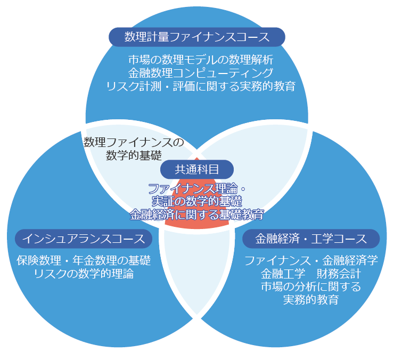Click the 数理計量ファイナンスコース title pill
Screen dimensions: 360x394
pyautogui.click(x=196, y=37)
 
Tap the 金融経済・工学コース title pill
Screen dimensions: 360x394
pyautogui.click(x=311, y=238)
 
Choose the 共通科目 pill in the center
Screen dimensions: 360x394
pyautogui.click(x=197, y=169)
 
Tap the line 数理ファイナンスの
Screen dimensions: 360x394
pyautogui.click(x=134, y=142)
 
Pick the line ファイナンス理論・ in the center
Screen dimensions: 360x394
pyautogui.click(x=197, y=189)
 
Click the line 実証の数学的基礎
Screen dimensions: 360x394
pyautogui.click(x=197, y=202)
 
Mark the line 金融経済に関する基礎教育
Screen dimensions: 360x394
pyautogui.click(x=197, y=215)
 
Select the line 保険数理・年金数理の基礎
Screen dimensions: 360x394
pyautogui.click(x=84, y=261)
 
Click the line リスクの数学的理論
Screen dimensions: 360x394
pyautogui.click(x=84, y=274)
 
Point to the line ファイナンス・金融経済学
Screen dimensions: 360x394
pyautogui.click(x=311, y=261)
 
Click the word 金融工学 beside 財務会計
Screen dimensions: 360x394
pyautogui.click(x=283, y=274)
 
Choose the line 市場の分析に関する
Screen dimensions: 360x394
pyautogui.click(x=311, y=287)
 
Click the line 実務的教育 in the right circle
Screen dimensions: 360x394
pyautogui.click(x=311, y=300)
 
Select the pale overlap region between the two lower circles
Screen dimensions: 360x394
pyautogui.click(x=197, y=277)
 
